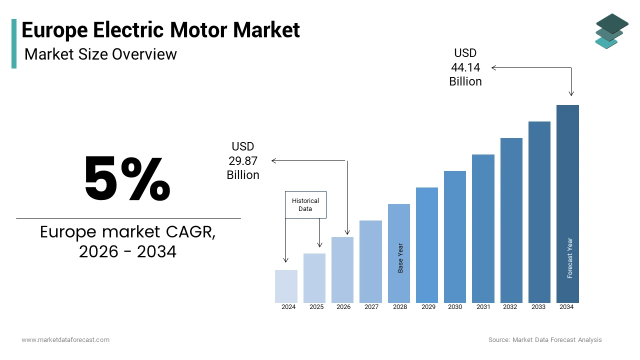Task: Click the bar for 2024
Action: click(286, 286)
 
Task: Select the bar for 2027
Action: click(370, 261)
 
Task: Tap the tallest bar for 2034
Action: click(567, 203)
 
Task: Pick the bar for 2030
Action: click(455, 236)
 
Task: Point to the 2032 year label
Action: click(510, 307)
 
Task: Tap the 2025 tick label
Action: click(316, 307)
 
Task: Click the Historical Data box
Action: click(305, 204)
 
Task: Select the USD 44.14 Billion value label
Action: click(465, 67)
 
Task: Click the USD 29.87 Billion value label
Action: click(243, 160)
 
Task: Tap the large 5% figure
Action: click(127, 179)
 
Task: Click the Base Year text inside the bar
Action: click(400, 258)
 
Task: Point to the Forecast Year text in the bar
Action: click(570, 258)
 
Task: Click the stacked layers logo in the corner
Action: click(611, 31)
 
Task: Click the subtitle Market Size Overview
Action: click(100, 54)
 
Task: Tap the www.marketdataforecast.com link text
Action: click(65, 340)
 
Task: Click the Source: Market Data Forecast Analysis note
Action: click(545, 340)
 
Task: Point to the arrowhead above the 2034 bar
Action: click(571, 93)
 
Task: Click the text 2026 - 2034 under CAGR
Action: click(127, 251)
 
